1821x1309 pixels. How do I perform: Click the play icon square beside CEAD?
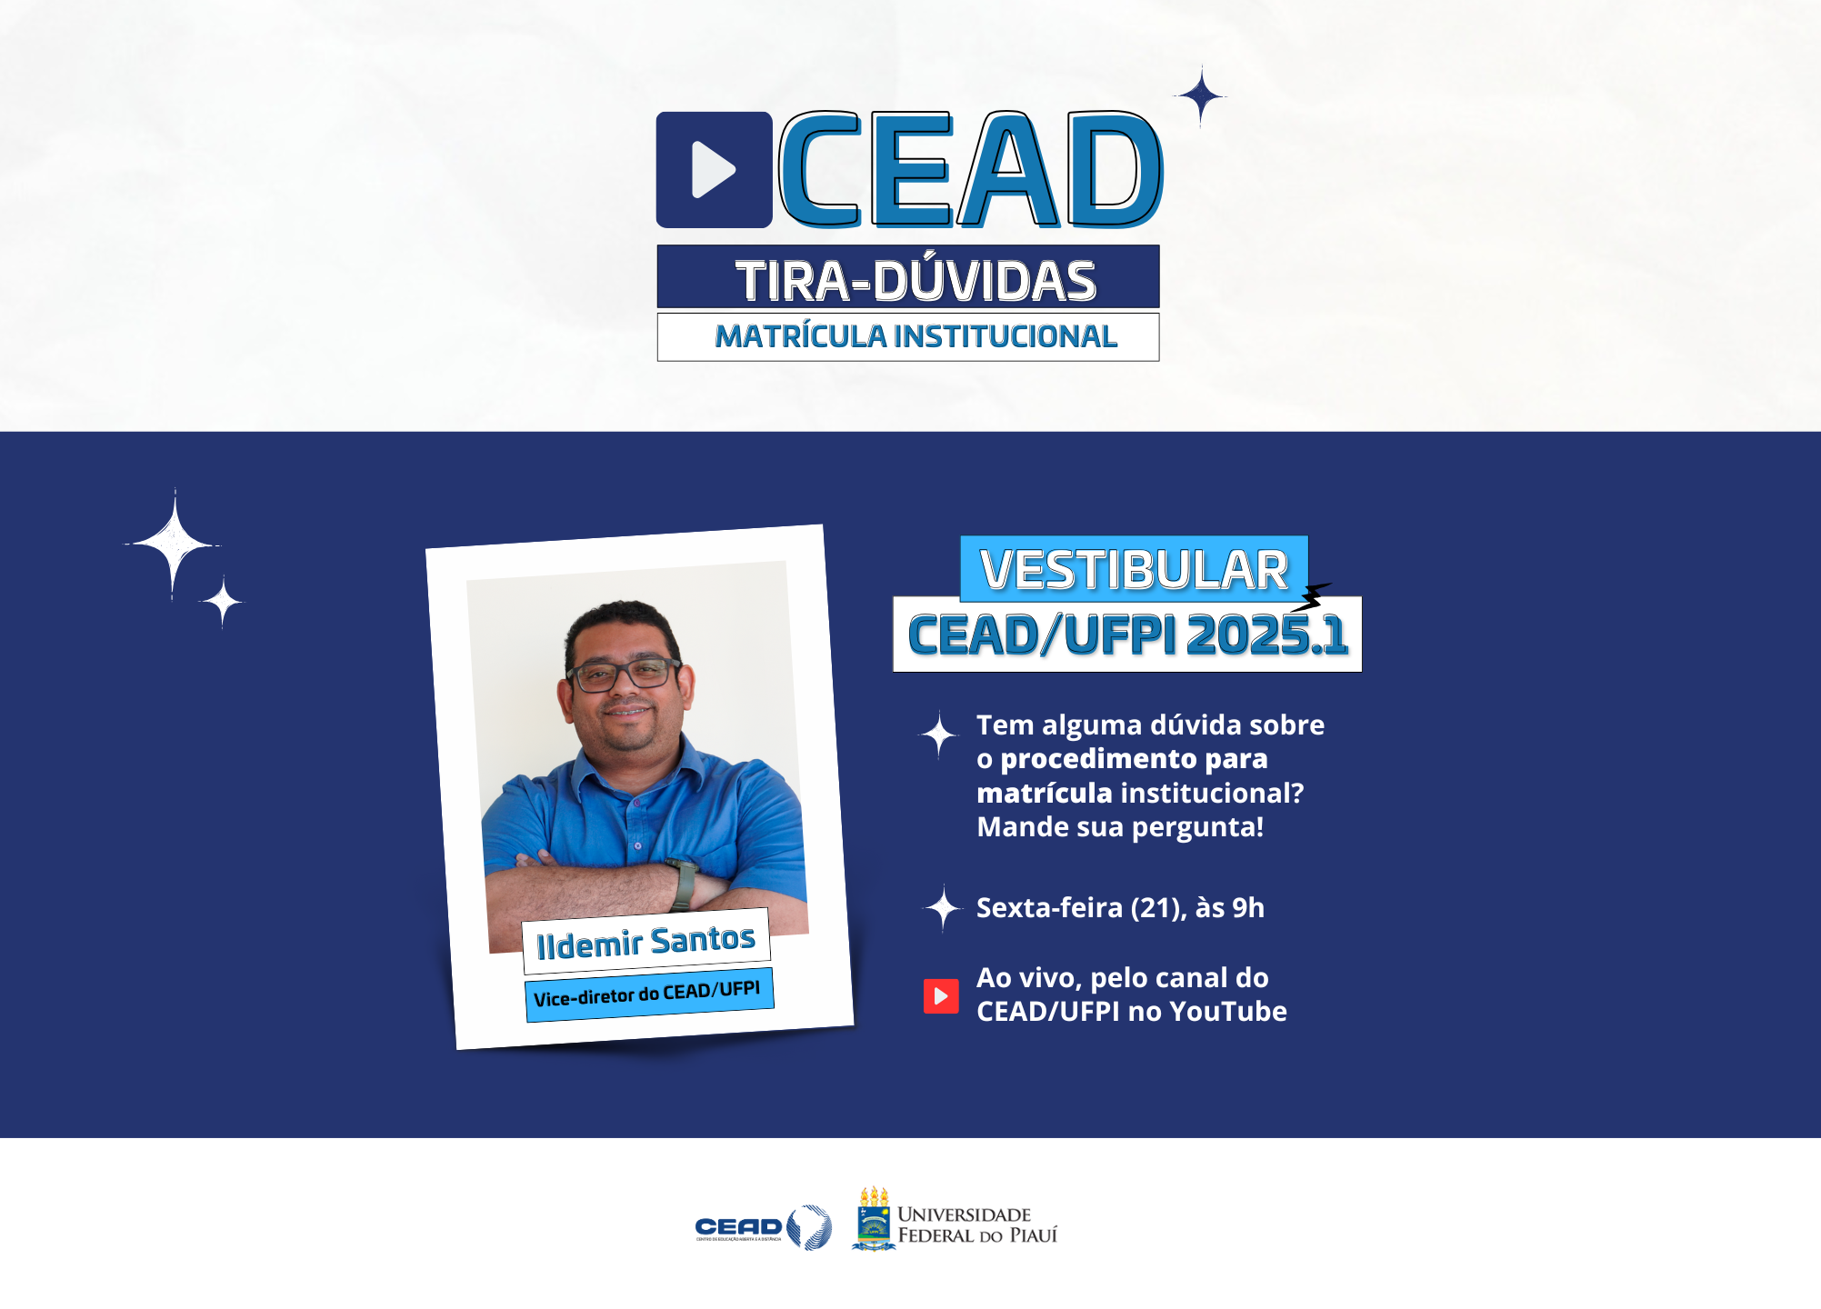click(x=714, y=170)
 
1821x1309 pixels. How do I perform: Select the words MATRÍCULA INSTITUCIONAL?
click(x=915, y=336)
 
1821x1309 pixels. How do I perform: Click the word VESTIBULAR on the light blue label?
click(x=1133, y=570)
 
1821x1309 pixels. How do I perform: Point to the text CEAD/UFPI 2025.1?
click(x=1126, y=635)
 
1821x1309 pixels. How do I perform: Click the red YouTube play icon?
click(x=941, y=996)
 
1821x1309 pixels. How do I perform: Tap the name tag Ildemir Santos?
click(x=645, y=942)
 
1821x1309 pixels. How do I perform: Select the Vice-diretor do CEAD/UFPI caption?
click(x=648, y=994)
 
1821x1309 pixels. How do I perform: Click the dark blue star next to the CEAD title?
click(x=1201, y=95)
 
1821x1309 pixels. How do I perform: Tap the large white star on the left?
click(x=173, y=544)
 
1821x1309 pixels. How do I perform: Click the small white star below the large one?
click(x=222, y=602)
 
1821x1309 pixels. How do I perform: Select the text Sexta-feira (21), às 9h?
click(x=1120, y=907)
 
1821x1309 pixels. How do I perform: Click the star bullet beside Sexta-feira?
click(x=943, y=908)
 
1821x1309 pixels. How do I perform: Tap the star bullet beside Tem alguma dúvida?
click(x=939, y=734)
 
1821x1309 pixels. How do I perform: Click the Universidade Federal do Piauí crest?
click(x=874, y=1219)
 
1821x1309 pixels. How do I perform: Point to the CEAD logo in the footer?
click(x=762, y=1227)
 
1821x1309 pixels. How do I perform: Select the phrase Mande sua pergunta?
click(x=1120, y=827)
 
